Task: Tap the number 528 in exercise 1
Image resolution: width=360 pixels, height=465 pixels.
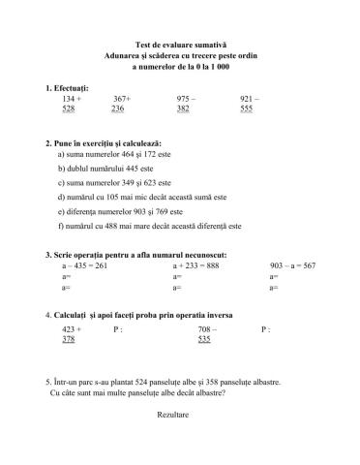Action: coord(68,109)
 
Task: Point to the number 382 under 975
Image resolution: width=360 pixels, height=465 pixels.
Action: coord(183,109)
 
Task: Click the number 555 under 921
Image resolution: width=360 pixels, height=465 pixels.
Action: coord(246,109)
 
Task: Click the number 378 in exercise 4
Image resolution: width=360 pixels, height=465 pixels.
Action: coord(68,341)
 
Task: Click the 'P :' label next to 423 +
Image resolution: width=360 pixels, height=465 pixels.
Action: coord(118,330)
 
